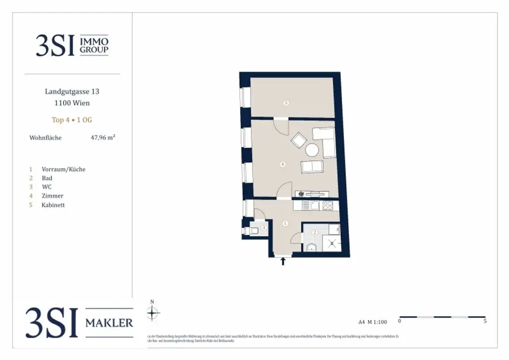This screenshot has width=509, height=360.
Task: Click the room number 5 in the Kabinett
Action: [x=286, y=103]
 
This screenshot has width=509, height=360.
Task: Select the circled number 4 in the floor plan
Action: [x=283, y=164]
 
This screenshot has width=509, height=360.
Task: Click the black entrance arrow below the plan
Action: [x=283, y=261]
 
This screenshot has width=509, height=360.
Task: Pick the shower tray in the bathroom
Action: [x=331, y=243]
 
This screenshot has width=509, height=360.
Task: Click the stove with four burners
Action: [x=328, y=205]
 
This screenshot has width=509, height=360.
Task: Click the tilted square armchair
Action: [x=299, y=141]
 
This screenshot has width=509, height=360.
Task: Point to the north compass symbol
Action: [x=153, y=312]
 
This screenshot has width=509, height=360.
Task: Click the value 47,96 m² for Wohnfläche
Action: [x=103, y=138]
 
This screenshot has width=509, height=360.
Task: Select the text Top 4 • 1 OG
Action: [x=72, y=120]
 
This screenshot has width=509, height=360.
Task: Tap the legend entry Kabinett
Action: [x=53, y=205]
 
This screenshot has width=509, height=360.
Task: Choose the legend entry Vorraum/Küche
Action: [x=64, y=169]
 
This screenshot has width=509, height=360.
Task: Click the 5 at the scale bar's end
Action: [x=485, y=322]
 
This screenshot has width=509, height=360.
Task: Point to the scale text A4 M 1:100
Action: [x=372, y=322]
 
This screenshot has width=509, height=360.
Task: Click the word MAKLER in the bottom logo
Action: [x=109, y=323]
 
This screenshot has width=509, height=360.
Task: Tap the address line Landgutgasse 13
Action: [x=72, y=91]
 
